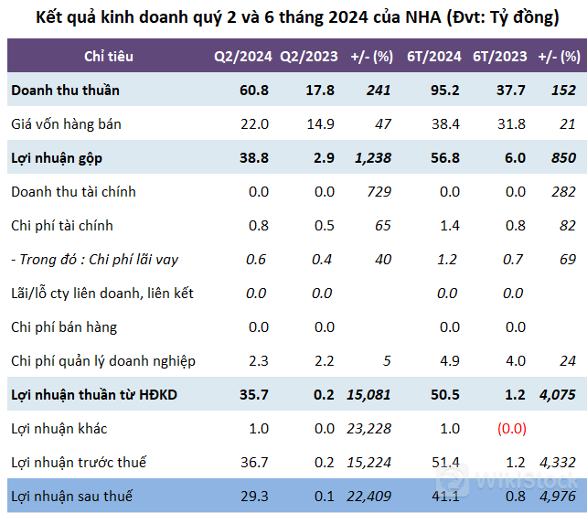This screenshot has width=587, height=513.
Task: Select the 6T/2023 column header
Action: point(499,57)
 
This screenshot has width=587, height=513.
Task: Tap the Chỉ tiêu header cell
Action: point(109,57)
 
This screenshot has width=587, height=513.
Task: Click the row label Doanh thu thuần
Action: point(65,91)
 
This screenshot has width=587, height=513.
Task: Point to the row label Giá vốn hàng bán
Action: point(66,124)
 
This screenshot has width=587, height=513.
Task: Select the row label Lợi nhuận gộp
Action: point(57,158)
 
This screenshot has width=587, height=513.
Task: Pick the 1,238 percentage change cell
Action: point(371,158)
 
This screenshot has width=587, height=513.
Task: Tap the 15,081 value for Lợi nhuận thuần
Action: point(368,395)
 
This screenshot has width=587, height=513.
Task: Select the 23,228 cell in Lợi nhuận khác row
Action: point(368,429)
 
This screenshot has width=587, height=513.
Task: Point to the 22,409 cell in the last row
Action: point(368,497)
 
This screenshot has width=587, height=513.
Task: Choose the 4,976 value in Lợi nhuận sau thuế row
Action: point(557,497)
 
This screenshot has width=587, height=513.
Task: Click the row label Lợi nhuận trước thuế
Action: point(79,463)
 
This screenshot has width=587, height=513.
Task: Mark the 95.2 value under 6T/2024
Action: point(443,91)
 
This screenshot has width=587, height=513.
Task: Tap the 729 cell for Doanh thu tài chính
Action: point(379,192)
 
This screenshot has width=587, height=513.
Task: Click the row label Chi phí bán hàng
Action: point(64,327)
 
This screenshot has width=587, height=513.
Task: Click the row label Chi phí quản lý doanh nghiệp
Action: point(103,361)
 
